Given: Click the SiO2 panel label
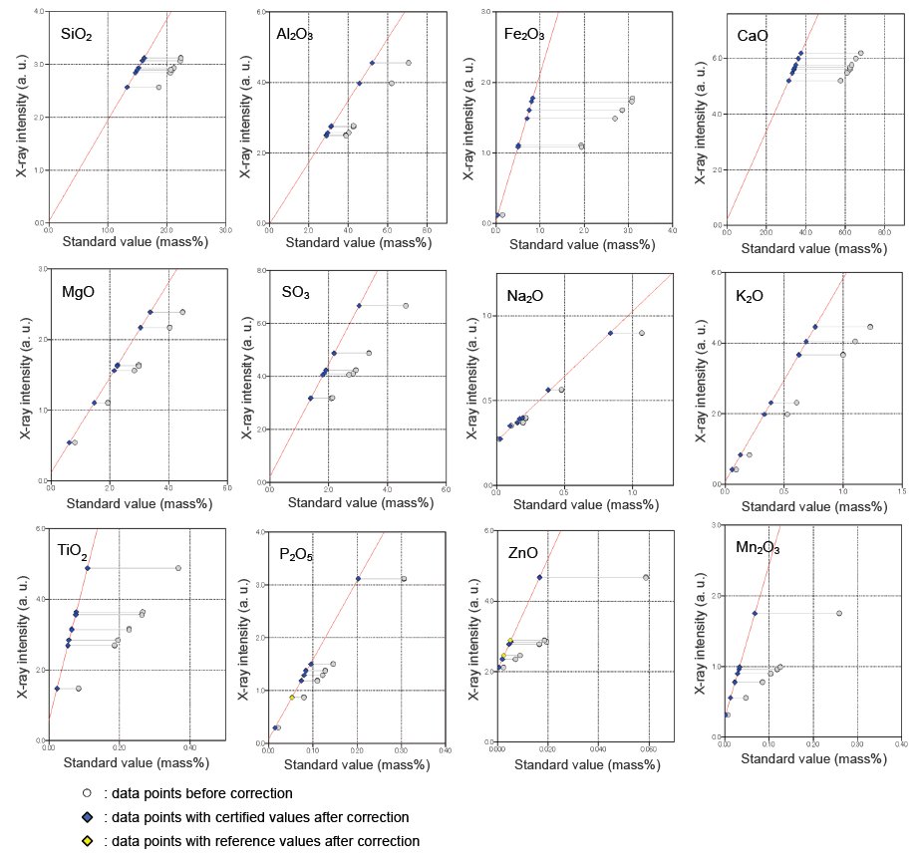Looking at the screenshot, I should [77, 35].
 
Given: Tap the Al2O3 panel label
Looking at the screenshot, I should [296, 35].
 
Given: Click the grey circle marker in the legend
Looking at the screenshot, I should [88, 793].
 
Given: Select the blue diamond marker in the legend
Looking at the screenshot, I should [88, 817].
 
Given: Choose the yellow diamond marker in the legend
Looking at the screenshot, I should [88, 841].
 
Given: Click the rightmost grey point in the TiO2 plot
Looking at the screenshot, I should [178, 568].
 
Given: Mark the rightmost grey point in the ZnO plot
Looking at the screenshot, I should [646, 577].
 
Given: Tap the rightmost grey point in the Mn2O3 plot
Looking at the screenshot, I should [839, 613].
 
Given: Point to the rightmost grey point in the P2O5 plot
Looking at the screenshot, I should [404, 578].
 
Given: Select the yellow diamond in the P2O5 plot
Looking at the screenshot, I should [292, 698].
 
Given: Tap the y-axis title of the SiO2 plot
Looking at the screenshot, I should [21, 118].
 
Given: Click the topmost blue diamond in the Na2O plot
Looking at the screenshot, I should [610, 333].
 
